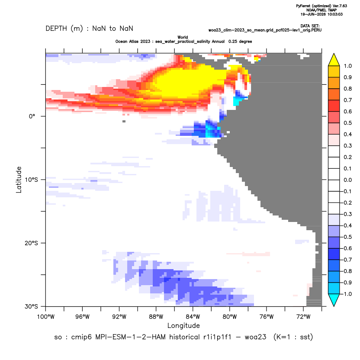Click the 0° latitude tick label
click(32, 116)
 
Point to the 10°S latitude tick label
click(31, 180)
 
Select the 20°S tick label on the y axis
click(31, 243)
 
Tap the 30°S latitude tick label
click(31, 306)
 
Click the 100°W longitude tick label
click(46, 317)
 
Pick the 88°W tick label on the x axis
click(156, 317)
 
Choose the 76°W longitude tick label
click(267, 317)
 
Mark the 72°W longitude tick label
click(303, 317)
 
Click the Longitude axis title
click(183, 325)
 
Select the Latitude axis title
click(19, 180)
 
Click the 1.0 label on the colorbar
click(347, 66)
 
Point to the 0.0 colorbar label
click(347, 180)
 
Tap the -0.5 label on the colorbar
click(347, 237)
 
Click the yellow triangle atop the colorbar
click(334, 60)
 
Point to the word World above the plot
click(183, 37)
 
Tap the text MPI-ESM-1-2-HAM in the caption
click(130, 337)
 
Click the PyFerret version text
click(321, 6)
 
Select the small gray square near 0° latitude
click(124, 121)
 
